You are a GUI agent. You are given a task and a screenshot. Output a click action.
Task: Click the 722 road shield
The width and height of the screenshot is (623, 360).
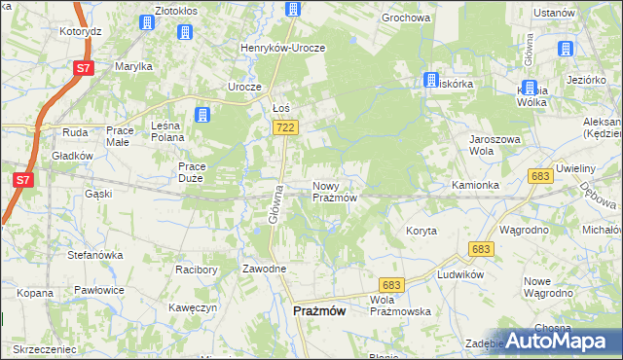[286, 127]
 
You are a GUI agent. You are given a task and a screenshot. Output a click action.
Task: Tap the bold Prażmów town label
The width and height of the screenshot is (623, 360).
[318, 311]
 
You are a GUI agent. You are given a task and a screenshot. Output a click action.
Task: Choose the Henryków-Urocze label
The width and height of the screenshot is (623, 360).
[283, 48]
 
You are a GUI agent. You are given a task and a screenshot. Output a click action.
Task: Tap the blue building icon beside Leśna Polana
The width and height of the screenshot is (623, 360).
[202, 116]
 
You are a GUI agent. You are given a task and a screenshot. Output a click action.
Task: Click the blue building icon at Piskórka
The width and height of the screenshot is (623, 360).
[430, 80]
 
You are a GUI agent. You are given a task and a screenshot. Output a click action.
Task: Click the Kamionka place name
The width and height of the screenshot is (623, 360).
[475, 185]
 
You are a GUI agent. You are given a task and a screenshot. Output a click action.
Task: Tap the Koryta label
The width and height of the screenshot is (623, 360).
[421, 231]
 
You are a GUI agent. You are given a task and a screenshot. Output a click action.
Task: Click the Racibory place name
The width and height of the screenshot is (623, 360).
[196, 269]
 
